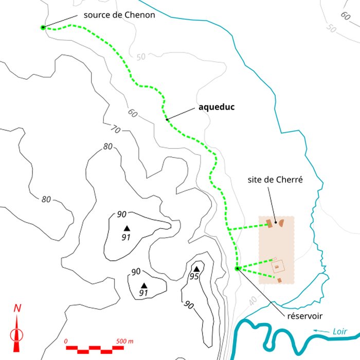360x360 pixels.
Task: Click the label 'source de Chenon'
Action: (x=115, y=15)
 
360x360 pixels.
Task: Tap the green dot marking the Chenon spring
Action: (x=43, y=27)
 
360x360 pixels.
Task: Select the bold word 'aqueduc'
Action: (x=217, y=108)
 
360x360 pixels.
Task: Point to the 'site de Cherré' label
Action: (x=274, y=181)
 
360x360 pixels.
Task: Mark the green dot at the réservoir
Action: (x=237, y=268)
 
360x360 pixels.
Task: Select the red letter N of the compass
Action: (x=17, y=309)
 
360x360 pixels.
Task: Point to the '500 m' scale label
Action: (x=124, y=341)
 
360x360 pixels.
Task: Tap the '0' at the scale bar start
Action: (x=66, y=341)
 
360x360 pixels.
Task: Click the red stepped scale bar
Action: (x=96, y=349)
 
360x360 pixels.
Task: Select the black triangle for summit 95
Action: (x=196, y=268)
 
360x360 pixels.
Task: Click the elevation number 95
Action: (x=194, y=277)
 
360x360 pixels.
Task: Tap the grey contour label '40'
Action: (x=253, y=301)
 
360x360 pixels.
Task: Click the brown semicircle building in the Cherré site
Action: (x=281, y=223)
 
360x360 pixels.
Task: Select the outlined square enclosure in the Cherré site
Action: (x=279, y=266)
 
